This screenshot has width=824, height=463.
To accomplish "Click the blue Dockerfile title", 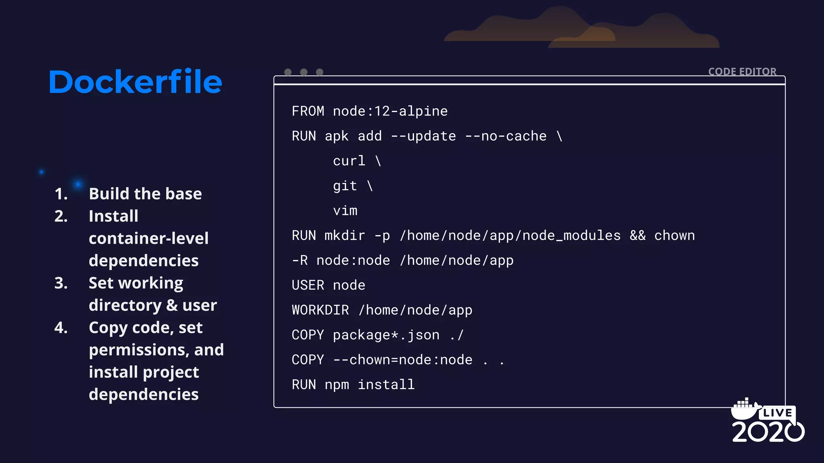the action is click(x=135, y=82).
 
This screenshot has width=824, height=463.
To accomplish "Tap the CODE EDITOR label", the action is click(x=742, y=72).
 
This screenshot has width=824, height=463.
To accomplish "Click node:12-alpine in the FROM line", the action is click(x=390, y=111).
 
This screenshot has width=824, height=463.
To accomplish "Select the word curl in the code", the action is click(x=349, y=161).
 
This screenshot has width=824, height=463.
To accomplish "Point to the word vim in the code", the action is click(x=345, y=211).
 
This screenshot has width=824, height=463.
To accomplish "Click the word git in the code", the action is click(x=345, y=186).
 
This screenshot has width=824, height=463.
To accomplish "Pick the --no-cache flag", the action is click(x=506, y=136).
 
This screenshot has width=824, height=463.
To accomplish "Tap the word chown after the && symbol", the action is click(x=674, y=236).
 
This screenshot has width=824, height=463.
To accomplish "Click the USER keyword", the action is click(x=308, y=285).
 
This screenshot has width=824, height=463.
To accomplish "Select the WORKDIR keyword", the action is click(x=320, y=310).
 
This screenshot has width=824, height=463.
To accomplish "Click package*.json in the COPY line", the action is click(x=386, y=335).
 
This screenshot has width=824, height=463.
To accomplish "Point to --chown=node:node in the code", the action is click(x=402, y=360).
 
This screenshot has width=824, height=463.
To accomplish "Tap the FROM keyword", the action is click(x=308, y=111).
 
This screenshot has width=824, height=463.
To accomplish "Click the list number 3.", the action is click(x=61, y=283).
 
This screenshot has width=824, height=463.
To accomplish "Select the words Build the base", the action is click(x=145, y=194).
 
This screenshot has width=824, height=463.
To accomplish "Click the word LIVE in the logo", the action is click(x=777, y=413).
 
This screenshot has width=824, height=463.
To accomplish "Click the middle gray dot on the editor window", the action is click(x=304, y=72).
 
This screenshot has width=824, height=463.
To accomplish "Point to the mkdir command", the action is click(x=345, y=236).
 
